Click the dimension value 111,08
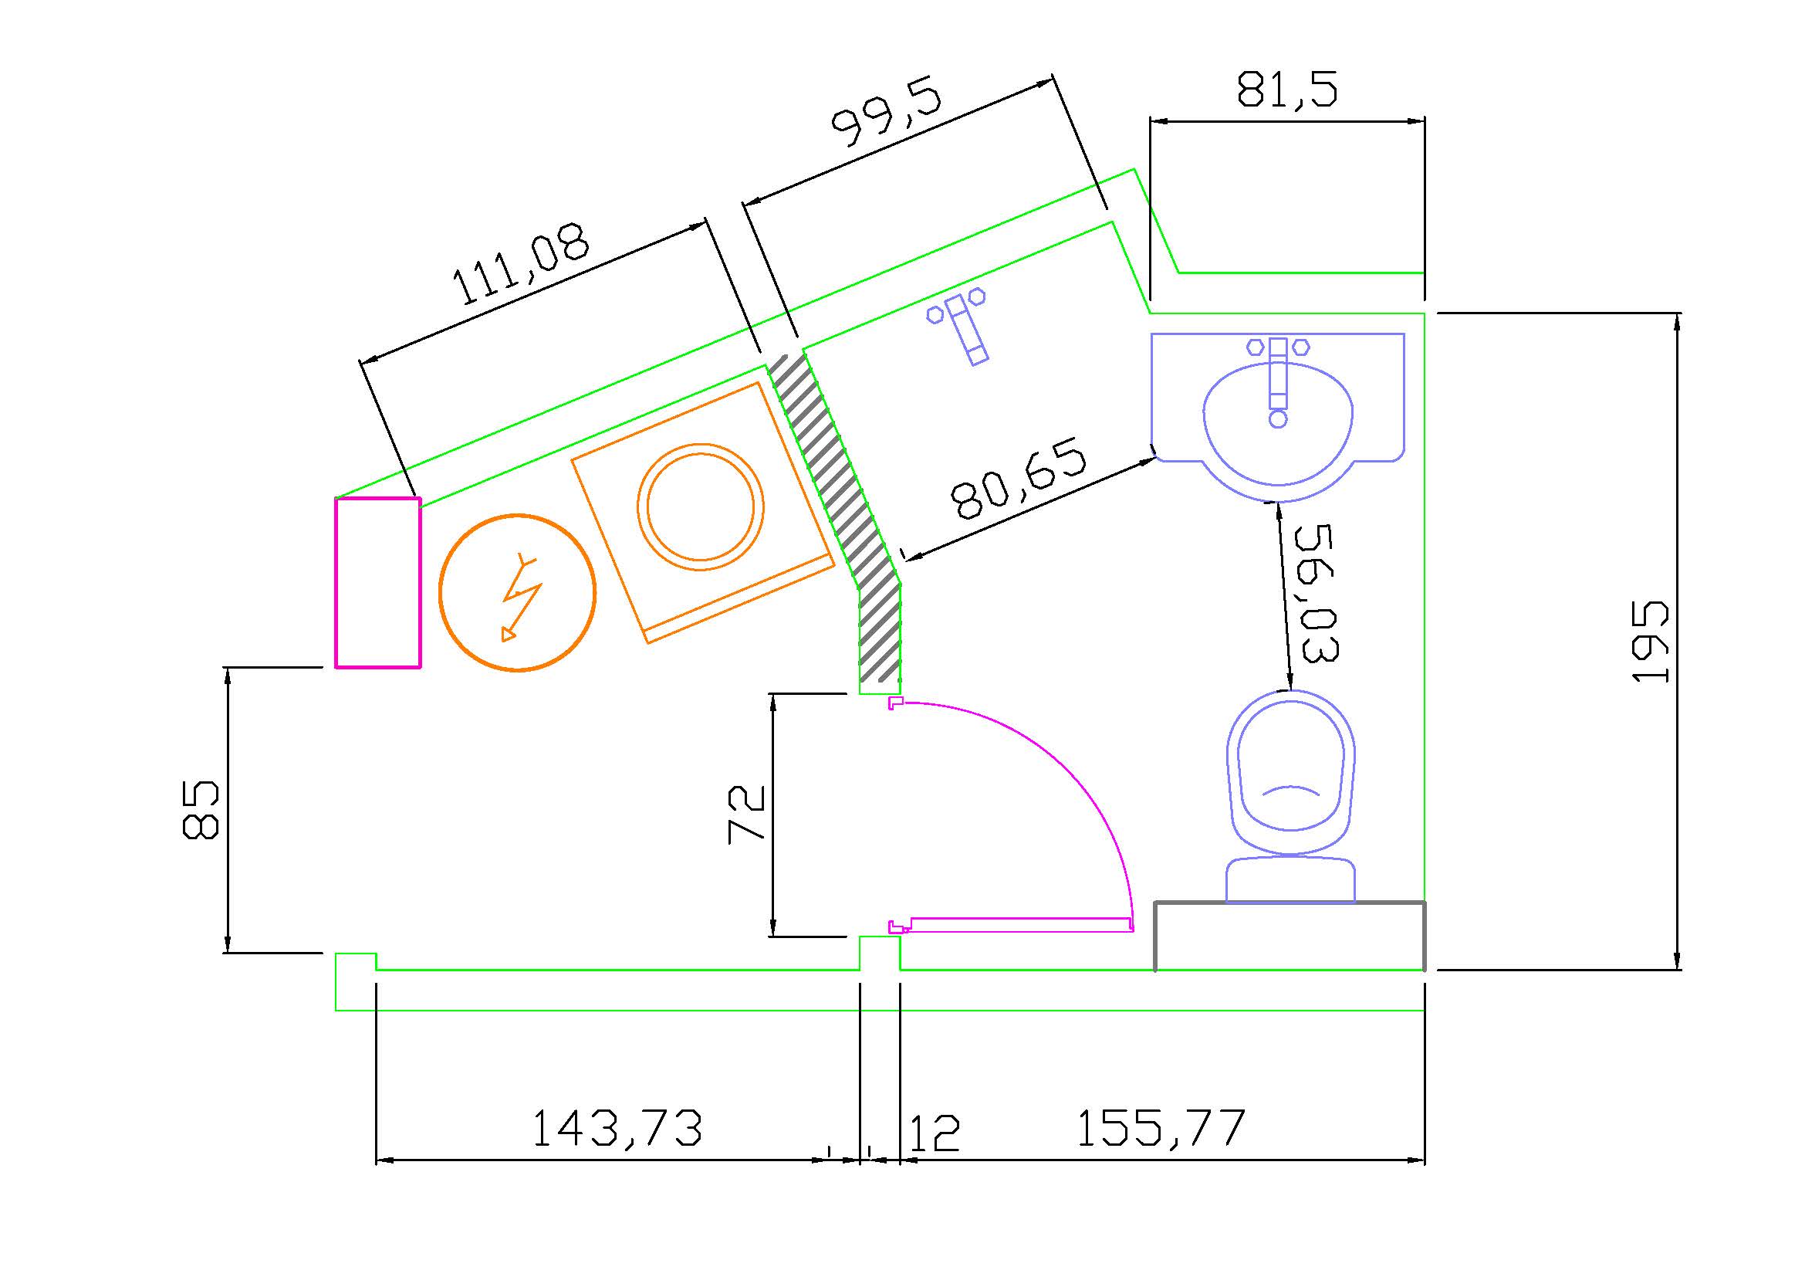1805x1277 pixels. [x=520, y=265]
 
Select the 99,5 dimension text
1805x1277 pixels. [x=887, y=110]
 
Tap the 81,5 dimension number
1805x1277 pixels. [x=1287, y=89]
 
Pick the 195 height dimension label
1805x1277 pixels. [x=1649, y=642]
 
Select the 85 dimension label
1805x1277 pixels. [x=201, y=811]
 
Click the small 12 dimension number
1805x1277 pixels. [x=934, y=1133]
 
